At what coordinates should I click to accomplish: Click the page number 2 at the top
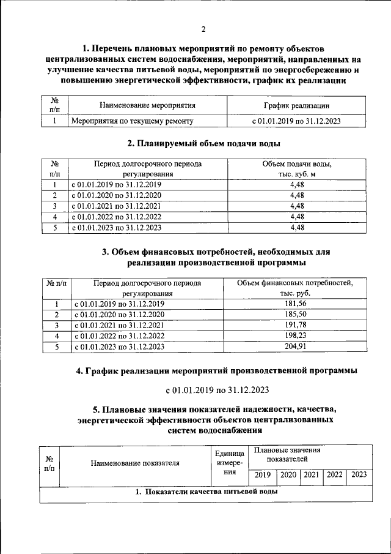204,29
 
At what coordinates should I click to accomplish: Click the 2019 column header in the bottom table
262,474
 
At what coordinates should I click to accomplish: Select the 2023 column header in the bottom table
359,474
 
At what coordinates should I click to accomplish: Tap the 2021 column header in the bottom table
312,474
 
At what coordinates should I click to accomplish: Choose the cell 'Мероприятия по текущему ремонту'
133,121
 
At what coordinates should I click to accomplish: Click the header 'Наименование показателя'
135,463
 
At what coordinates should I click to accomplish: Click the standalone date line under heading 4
217,389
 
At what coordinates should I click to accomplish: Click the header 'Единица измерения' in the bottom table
230,463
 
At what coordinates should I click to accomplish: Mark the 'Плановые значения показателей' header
287,454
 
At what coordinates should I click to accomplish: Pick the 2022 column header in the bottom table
334,474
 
